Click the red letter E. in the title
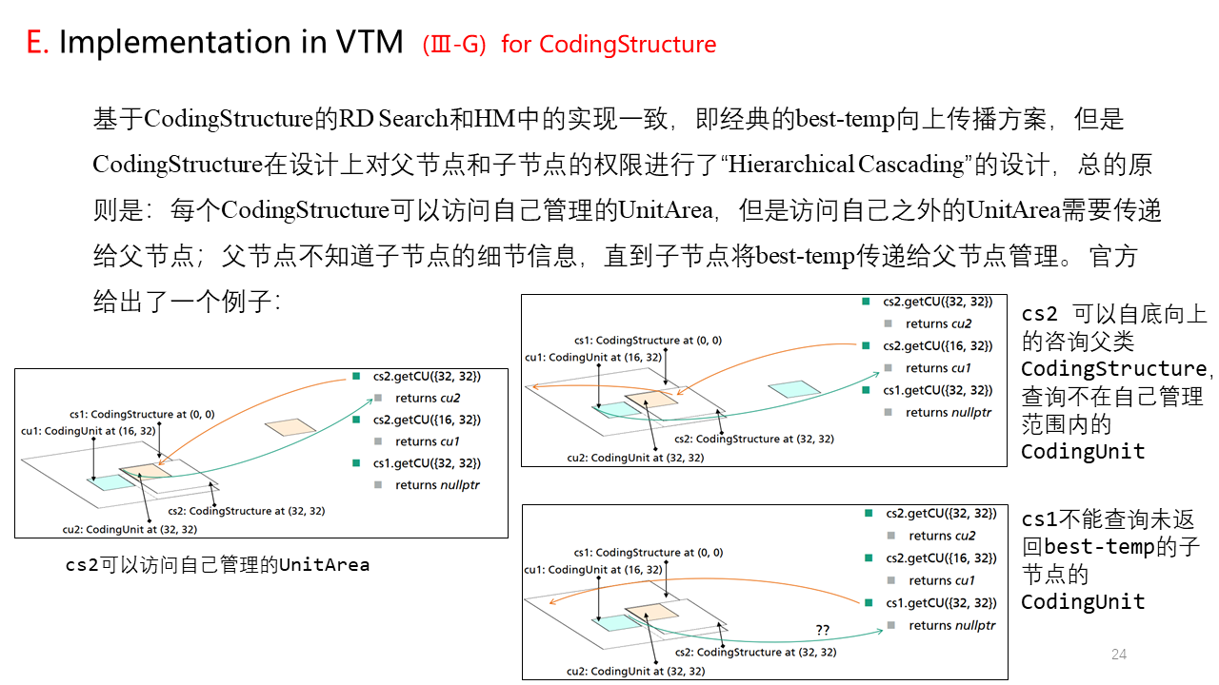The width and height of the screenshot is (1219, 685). tap(36, 43)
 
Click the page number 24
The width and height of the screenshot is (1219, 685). tap(1119, 654)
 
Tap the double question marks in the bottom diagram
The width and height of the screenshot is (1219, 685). tap(823, 629)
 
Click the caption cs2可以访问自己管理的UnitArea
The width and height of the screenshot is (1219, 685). tap(217, 565)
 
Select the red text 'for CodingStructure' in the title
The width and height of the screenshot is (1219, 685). tap(609, 45)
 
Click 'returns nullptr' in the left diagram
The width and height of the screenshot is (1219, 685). tap(437, 485)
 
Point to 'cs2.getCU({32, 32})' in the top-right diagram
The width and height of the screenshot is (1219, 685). tap(938, 302)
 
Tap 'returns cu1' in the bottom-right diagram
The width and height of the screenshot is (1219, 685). tap(942, 580)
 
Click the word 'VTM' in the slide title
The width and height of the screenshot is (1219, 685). tap(370, 43)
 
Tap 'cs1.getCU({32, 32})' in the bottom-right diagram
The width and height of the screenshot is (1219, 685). tap(941, 602)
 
